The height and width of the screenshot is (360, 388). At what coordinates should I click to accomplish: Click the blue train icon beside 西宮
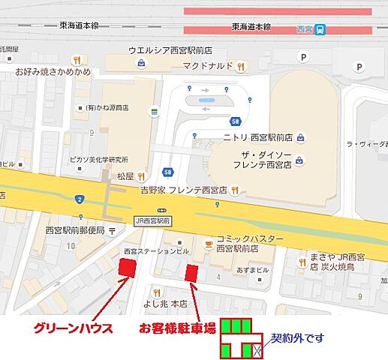[x=320, y=30]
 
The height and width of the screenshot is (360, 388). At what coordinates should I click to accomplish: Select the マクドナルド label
[x=207, y=67]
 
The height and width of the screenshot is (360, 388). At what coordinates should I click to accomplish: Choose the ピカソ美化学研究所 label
[x=97, y=160]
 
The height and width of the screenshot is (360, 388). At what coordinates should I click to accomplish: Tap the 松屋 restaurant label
[x=125, y=176]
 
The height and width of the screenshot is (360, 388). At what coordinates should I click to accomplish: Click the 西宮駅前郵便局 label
[x=75, y=230]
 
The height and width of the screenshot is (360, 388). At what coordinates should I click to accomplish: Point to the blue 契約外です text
[x=297, y=339]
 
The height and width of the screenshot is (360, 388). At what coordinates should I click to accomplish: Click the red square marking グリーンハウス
[x=128, y=267]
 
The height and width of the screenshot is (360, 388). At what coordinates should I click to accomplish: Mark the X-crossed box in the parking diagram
[x=256, y=349]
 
